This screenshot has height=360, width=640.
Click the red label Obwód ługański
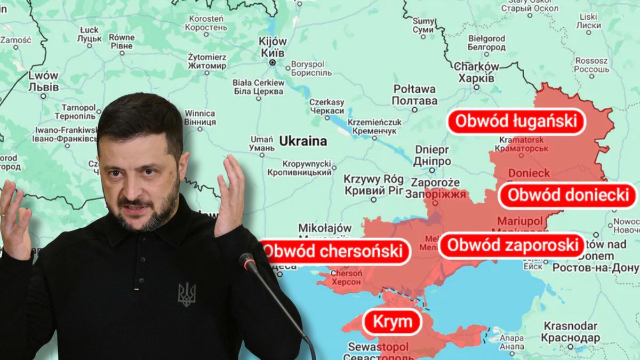[x=516, y=121]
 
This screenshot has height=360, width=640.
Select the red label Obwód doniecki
[x=568, y=195]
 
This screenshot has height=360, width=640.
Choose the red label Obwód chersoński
[x=335, y=251]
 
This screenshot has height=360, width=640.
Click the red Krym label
[x=393, y=322]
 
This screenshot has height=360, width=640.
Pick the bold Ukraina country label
[x=302, y=141]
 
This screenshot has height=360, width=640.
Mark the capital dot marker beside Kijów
[x=273, y=62]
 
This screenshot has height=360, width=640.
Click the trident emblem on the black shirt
[x=187, y=294]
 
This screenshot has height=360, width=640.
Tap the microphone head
[x=247, y=261]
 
